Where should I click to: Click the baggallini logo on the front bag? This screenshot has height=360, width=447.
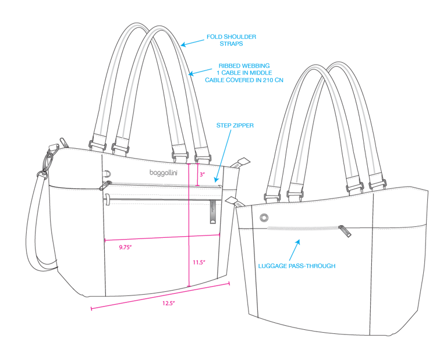tap(164, 173)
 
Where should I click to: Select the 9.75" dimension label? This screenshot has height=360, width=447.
tap(125, 247)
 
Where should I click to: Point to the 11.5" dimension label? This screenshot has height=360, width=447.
tap(199, 262)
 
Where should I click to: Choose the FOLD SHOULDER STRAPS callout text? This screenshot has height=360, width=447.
tap(231, 40)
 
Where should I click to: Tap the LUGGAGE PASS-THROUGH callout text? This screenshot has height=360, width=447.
tap(297, 266)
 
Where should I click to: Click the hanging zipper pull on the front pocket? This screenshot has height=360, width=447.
tap(212, 213)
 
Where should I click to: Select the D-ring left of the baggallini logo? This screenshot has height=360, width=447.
tap(108, 173)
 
